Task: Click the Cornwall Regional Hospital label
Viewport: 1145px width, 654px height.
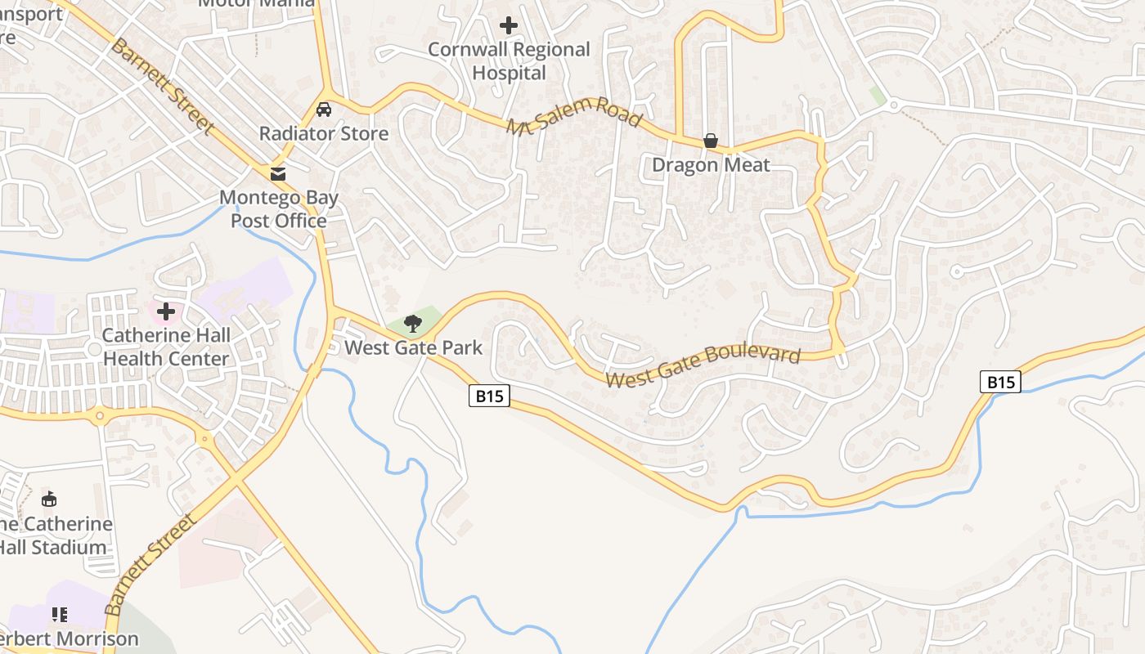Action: coord(509,61)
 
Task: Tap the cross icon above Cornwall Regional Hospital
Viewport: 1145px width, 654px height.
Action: coord(509,25)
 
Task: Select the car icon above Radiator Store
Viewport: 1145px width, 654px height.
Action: coord(324,110)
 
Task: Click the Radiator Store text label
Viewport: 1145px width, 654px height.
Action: coord(324,133)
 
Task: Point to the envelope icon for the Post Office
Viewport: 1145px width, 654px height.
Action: coord(279,173)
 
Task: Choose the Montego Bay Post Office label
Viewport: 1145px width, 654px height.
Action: coord(279,209)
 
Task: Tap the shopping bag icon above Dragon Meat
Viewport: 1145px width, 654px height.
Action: coord(711,141)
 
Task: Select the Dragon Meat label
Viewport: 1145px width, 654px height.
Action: coord(711,165)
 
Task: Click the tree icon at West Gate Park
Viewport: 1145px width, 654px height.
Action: coord(413,324)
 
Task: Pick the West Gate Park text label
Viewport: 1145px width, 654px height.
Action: coord(413,347)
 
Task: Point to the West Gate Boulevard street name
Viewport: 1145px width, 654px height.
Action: coord(703,367)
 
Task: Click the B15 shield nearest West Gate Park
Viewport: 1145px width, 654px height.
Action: coord(490,396)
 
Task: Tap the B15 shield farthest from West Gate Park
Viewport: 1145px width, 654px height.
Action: coord(1000,382)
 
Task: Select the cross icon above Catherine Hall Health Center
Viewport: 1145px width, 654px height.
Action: coord(166,311)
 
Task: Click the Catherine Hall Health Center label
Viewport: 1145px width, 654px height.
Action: coord(166,347)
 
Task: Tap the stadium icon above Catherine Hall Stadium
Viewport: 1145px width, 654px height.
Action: coord(49,499)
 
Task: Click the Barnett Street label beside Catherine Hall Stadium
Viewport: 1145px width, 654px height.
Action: coord(151,564)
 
